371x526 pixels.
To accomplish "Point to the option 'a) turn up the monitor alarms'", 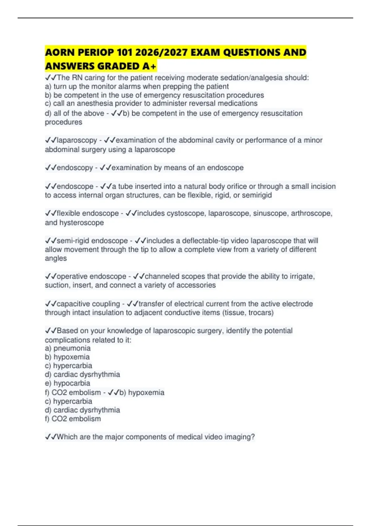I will point(137,86).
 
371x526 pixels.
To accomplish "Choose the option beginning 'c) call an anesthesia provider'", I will point(151,103).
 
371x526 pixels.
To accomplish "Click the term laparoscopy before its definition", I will point(77,140).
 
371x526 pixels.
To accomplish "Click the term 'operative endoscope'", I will point(92,276).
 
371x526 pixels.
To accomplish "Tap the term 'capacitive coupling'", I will point(88,304).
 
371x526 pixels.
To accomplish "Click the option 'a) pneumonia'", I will point(68,348).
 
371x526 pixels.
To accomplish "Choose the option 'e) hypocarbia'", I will point(68,383).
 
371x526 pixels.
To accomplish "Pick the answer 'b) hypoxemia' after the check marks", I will point(142,392).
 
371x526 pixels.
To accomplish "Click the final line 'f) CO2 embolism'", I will point(73,419).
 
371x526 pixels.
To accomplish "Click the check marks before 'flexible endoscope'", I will point(50,213).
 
